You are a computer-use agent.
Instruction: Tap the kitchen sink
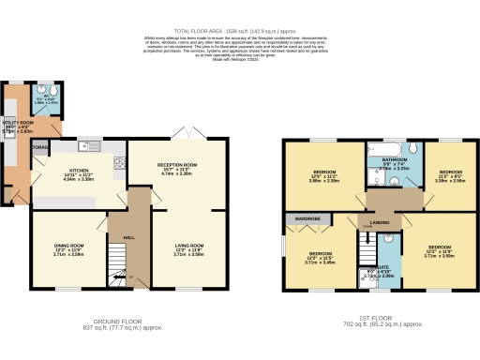pyautogui.click(x=88, y=146)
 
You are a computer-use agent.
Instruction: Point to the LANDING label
pyautogui.click(x=379, y=221)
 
